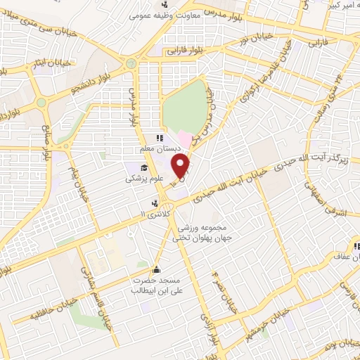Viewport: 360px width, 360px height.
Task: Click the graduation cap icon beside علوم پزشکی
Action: [x=144, y=167]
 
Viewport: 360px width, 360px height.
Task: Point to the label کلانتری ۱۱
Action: [x=155, y=213]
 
